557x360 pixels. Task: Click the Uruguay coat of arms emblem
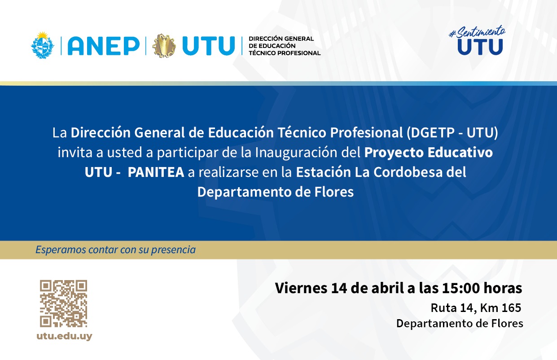(43, 45)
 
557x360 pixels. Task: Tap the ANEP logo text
(103, 46)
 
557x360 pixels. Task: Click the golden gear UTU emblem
(164, 46)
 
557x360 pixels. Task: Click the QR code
(64, 303)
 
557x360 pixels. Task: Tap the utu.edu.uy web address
(64, 336)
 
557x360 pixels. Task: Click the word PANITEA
(156, 172)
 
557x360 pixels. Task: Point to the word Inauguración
(308, 153)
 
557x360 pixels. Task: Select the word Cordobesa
(408, 172)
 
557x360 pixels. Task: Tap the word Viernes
(301, 288)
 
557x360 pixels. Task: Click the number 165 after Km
(511, 308)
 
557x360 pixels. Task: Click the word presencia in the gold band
(173, 250)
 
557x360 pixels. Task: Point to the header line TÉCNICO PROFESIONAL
(285, 53)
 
